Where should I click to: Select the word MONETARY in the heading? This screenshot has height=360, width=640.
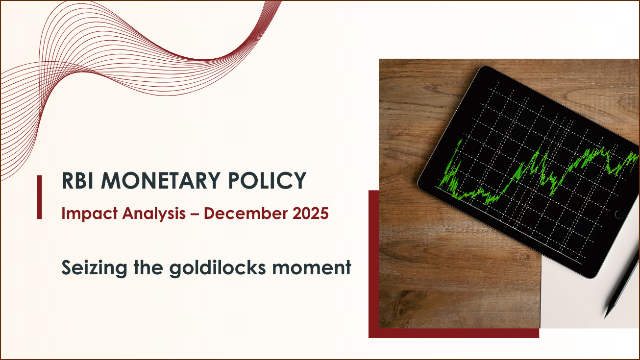tap(161, 180)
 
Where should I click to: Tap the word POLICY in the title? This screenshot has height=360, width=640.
tap(267, 180)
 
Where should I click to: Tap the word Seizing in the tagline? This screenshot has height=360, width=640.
tap(94, 268)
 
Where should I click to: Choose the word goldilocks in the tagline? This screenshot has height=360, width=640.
tap(218, 268)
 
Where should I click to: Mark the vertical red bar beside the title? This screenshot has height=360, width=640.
tap(39, 197)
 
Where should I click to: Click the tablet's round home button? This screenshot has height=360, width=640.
tap(619, 214)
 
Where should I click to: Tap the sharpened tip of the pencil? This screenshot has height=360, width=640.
tap(605, 317)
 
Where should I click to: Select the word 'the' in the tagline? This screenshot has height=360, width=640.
tap(148, 268)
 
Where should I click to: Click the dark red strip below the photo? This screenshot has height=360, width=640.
tap(454, 333)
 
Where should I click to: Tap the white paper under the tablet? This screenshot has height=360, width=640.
tap(589, 300)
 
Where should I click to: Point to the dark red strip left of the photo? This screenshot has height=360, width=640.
tap(374, 259)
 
